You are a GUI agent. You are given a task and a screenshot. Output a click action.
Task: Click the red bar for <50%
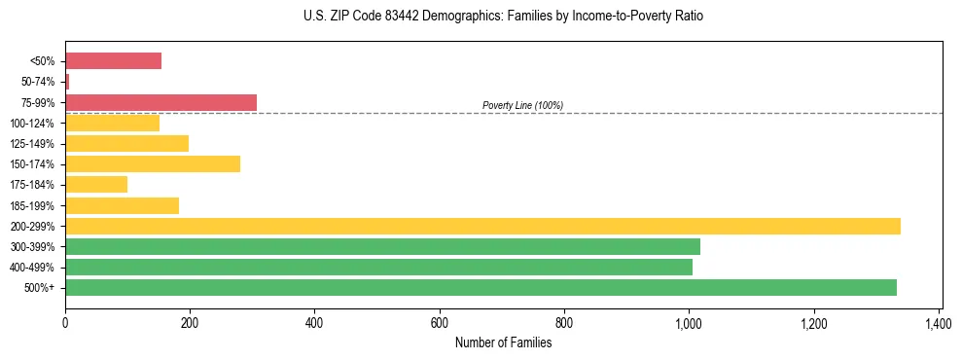coord(113,61)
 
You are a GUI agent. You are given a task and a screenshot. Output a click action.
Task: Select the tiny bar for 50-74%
coord(67,82)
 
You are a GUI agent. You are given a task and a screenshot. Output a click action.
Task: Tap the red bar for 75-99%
coord(160,102)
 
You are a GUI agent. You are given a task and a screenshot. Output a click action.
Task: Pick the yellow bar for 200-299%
coord(482,226)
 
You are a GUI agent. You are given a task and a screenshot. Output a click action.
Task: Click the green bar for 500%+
coord(481,287)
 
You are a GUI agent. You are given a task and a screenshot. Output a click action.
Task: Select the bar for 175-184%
coord(96,185)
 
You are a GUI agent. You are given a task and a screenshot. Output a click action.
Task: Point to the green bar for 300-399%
coord(382,246)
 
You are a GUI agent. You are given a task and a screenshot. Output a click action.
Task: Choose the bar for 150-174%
coord(153,164)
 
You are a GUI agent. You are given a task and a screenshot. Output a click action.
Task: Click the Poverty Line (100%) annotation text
coord(522,105)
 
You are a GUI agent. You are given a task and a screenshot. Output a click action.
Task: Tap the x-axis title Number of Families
coord(503,342)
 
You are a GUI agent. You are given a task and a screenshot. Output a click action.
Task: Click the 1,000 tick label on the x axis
coord(689,323)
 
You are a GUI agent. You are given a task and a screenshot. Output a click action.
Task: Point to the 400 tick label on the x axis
coord(314,323)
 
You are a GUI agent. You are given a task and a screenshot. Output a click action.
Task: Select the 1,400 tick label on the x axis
coord(939,323)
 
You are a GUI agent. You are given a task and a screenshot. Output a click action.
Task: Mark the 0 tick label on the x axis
coord(65,323)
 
